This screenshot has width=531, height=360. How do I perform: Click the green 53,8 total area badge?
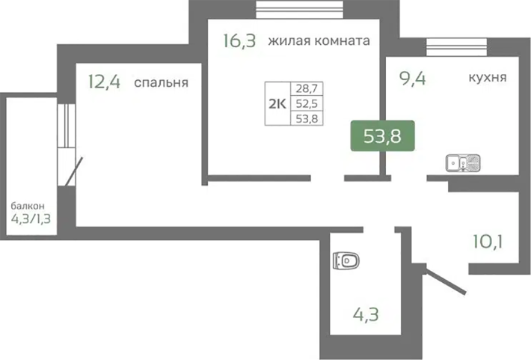pos(382,135)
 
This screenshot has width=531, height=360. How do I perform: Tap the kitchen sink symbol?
pos(463,162)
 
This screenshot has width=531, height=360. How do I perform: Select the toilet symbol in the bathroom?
pos(346,260)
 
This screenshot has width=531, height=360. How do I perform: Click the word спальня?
pos(162,83)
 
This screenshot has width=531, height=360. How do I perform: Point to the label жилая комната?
pos(319,41)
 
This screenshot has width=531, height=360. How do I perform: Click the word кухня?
pos(488,78)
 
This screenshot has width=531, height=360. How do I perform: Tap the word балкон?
pos(28,206)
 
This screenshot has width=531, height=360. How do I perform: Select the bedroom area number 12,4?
pos(104,82)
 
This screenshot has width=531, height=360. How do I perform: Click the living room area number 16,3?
pos(240,40)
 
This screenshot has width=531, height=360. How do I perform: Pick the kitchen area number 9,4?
pos(413,79)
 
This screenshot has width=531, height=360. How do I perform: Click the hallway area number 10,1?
pos(488,242)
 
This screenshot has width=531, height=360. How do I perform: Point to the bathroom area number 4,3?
pos(366,314)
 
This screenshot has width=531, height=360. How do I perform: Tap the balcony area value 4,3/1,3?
pos(31,219)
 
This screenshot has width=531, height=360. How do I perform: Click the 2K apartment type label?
pos(277,104)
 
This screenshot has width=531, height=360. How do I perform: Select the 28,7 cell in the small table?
pos(307,88)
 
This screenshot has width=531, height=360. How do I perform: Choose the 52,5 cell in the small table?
pos(307,103)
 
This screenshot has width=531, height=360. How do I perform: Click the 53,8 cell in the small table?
pos(307,119)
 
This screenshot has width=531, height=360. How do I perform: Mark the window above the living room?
pos(299,10)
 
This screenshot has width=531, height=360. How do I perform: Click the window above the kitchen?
pos(456,47)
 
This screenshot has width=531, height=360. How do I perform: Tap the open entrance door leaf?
pos(445,281)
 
